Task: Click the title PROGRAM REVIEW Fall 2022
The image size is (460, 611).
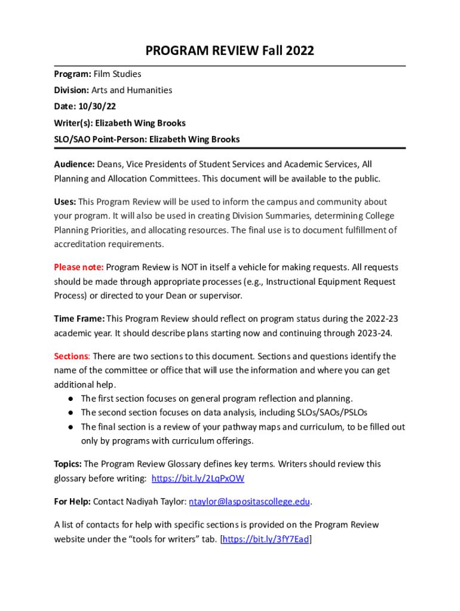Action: [x=229, y=51]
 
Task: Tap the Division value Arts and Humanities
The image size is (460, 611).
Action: [x=131, y=90]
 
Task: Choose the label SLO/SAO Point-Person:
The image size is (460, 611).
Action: [x=100, y=139]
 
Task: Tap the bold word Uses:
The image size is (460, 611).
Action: [x=65, y=202]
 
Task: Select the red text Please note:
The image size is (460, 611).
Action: [x=79, y=267]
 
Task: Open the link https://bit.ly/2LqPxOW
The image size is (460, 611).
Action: [x=198, y=478]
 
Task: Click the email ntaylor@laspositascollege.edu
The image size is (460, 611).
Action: [x=250, y=502]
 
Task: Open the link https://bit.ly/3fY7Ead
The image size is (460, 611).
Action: [x=266, y=539]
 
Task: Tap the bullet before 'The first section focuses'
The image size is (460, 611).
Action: [x=70, y=399]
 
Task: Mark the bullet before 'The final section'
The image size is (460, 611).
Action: [x=70, y=427]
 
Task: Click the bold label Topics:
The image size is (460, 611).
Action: [x=68, y=464]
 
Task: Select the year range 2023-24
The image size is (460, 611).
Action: [x=375, y=332]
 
